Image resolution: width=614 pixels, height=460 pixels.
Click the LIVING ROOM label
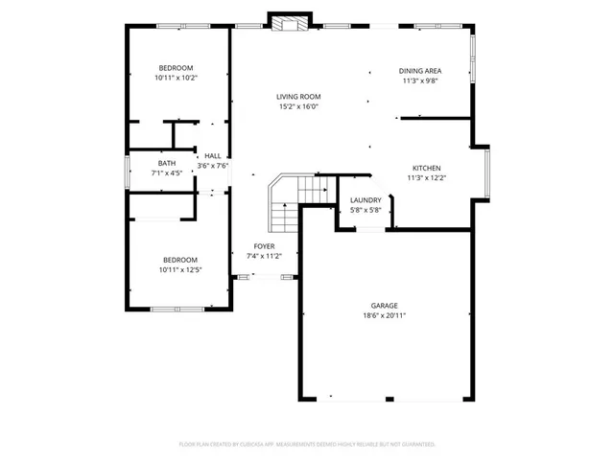(298, 97)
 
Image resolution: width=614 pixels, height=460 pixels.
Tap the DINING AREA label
(420, 71)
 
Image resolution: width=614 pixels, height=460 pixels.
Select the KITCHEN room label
(427, 168)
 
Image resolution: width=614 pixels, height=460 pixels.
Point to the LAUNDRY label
(366, 199)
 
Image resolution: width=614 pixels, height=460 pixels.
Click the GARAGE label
(385, 306)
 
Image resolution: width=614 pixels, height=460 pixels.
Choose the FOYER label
(264, 246)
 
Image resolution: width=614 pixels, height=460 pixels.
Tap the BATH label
(167, 164)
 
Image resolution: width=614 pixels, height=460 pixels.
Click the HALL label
(213, 155)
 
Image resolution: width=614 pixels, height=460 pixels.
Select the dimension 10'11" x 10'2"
(177, 78)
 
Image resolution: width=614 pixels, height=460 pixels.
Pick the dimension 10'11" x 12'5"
(179, 270)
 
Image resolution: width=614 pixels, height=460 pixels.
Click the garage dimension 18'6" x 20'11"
(385, 315)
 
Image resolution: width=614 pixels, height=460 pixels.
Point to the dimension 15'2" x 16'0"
(298, 106)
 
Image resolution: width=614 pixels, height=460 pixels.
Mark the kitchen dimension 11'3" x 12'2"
(427, 177)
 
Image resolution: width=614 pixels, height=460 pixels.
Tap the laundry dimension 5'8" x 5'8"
(366, 210)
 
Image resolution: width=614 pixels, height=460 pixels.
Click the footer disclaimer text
(307, 445)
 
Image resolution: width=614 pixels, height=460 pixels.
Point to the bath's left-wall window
(130, 169)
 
